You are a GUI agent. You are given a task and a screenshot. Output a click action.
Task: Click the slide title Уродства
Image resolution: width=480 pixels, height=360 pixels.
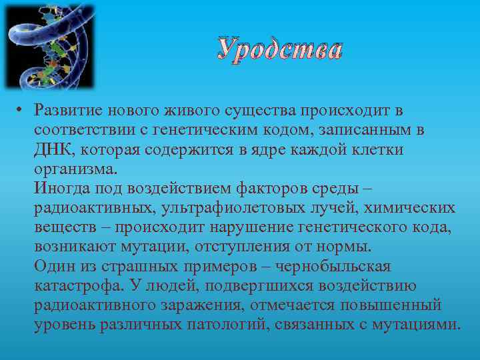(280, 51)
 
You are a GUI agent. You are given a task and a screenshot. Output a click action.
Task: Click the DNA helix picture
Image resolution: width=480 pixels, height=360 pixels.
(49, 47)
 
